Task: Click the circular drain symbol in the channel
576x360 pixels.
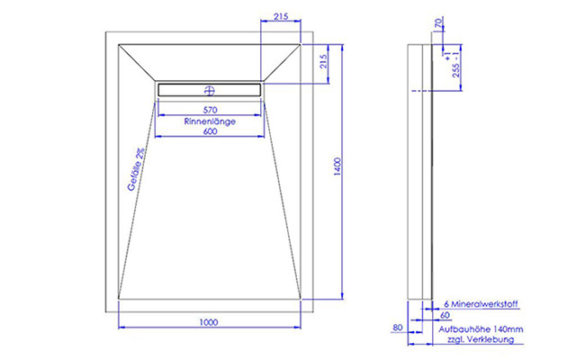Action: [x=210, y=90]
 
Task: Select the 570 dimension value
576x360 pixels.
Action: [x=210, y=110]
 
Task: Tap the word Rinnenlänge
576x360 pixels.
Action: [x=210, y=121]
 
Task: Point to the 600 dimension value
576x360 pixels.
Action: [x=210, y=131]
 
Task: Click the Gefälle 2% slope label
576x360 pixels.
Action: [x=136, y=169]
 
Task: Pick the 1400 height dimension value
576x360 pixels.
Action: [x=337, y=166]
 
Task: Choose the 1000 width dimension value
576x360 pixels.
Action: [x=209, y=322]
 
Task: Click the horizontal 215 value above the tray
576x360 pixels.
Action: [x=281, y=16]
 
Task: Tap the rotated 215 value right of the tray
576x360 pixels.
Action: [x=323, y=62]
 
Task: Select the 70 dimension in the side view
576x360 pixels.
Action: [x=438, y=22]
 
